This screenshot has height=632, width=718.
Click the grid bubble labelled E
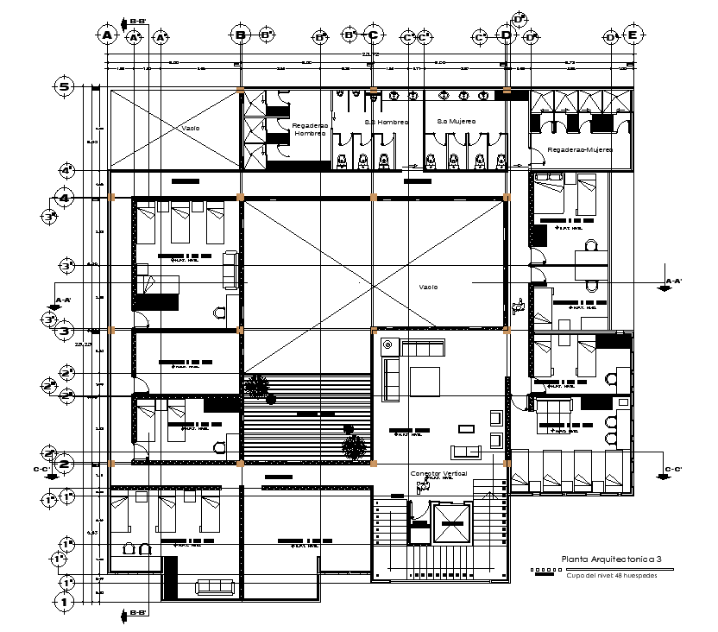click(633, 35)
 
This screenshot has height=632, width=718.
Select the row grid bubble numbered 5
click(64, 86)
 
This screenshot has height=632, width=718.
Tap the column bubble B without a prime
click(241, 35)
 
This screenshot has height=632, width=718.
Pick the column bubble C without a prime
click(373, 35)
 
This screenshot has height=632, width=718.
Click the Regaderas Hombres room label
click(310, 130)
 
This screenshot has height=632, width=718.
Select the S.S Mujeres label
click(457, 122)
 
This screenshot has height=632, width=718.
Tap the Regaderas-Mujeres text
click(578, 149)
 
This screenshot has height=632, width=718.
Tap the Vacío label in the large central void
click(429, 288)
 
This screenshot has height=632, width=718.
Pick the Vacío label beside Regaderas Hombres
click(191, 128)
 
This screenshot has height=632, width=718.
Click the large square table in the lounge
click(425, 382)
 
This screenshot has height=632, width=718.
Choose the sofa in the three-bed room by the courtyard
click(230, 270)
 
